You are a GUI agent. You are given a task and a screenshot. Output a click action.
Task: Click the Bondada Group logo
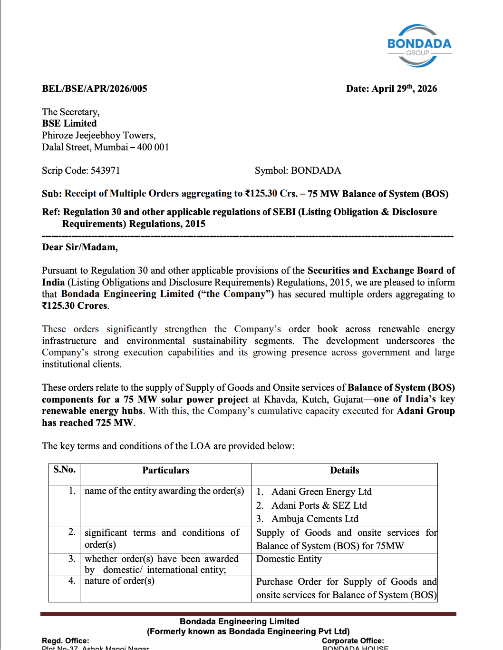tap(419, 46)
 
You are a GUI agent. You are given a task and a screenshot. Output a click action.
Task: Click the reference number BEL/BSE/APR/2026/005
tap(95, 89)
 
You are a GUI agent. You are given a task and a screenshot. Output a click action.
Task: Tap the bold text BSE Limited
tap(69, 123)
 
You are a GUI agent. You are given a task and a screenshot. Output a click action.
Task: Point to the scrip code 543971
tap(105, 170)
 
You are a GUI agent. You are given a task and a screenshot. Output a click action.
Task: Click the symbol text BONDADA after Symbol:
tap(316, 170)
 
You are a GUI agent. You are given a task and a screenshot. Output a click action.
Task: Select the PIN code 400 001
tap(153, 147)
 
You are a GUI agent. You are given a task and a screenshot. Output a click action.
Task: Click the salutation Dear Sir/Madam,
tap(80, 247)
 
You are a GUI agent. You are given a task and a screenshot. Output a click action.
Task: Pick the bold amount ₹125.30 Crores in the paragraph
tap(75, 305)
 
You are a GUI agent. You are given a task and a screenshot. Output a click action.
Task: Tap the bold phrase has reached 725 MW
tap(87, 423)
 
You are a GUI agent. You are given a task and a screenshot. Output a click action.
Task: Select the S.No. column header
tap(64, 470)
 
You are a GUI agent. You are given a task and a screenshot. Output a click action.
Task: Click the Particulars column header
tap(165, 470)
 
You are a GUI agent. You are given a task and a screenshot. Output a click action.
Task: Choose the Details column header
tap(344, 470)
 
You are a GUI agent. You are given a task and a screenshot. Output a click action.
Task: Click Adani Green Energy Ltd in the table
tap(321, 492)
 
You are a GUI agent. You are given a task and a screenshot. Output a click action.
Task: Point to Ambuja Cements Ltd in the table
tap(315, 519)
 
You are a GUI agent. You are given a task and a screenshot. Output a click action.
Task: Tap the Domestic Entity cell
tap(289, 559)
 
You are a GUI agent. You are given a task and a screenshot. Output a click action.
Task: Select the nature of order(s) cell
tap(119, 581)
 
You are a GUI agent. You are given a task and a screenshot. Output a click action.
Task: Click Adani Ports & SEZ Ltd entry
tap(319, 505)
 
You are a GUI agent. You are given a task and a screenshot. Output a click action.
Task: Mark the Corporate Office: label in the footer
tap(353, 640)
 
